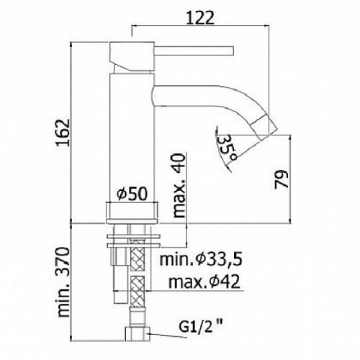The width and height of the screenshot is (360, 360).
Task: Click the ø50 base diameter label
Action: coord(132,193)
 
